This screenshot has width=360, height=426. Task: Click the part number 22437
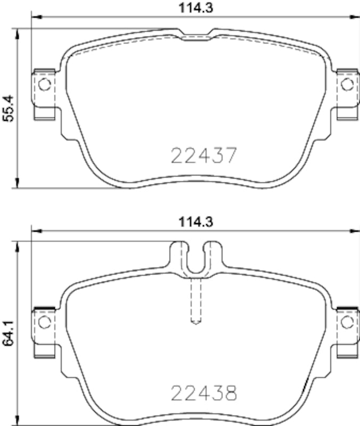pos(203,155)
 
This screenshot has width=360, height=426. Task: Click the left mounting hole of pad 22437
pos(44,84)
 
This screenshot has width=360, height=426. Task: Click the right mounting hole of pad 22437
pos(347,84)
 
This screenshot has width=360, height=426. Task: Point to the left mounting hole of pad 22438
pos(44,322)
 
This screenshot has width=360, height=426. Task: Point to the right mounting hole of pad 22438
pos(347,322)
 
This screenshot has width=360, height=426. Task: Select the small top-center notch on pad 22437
pos(197,35)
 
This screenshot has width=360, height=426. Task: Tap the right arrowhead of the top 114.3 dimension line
pos(355,18)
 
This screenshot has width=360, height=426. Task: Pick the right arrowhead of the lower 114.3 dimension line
pos(355,232)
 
